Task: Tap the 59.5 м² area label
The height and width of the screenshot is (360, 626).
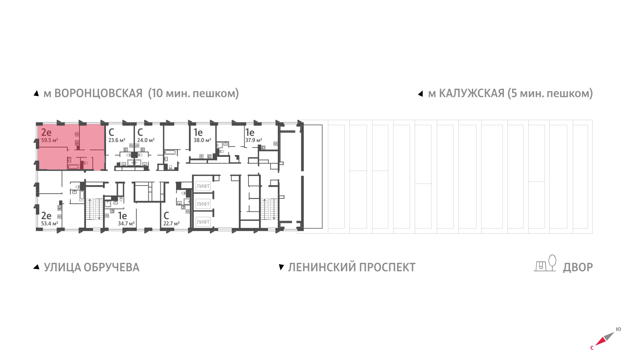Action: pyautogui.click(x=50, y=140)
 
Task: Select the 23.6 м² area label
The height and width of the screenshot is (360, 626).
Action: pyautogui.click(x=117, y=140)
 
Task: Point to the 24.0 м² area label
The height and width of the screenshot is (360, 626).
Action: pyautogui.click(x=146, y=140)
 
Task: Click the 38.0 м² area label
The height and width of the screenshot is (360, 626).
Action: pyautogui.click(x=202, y=140)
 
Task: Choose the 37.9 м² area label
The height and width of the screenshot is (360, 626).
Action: pyautogui.click(x=254, y=140)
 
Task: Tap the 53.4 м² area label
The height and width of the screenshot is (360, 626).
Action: pyautogui.click(x=50, y=223)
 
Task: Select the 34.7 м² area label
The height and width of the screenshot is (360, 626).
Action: pyautogui.click(x=126, y=223)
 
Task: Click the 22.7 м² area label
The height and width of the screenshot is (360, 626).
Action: pyautogui.click(x=171, y=223)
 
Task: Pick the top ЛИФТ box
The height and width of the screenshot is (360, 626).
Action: pyautogui.click(x=203, y=186)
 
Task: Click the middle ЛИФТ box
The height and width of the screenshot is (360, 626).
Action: pyautogui.click(x=203, y=204)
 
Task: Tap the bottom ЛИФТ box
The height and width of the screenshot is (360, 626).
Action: pyautogui.click(x=203, y=222)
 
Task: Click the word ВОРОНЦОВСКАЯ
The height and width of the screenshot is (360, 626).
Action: pyautogui.click(x=98, y=94)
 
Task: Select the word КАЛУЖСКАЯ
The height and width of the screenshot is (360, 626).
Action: pyautogui.click(x=471, y=94)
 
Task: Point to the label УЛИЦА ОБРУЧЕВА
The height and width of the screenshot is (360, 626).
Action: pyautogui.click(x=92, y=267)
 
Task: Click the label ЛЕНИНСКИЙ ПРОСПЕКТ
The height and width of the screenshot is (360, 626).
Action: pyautogui.click(x=352, y=267)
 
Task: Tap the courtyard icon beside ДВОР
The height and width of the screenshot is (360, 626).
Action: pyautogui.click(x=545, y=264)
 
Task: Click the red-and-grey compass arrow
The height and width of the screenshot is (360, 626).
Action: pyautogui.click(x=604, y=338)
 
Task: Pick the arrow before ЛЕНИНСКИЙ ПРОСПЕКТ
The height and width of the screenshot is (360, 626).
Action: pyautogui.click(x=281, y=267)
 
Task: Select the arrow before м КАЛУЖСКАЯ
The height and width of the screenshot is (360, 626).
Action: pyautogui.click(x=421, y=94)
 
